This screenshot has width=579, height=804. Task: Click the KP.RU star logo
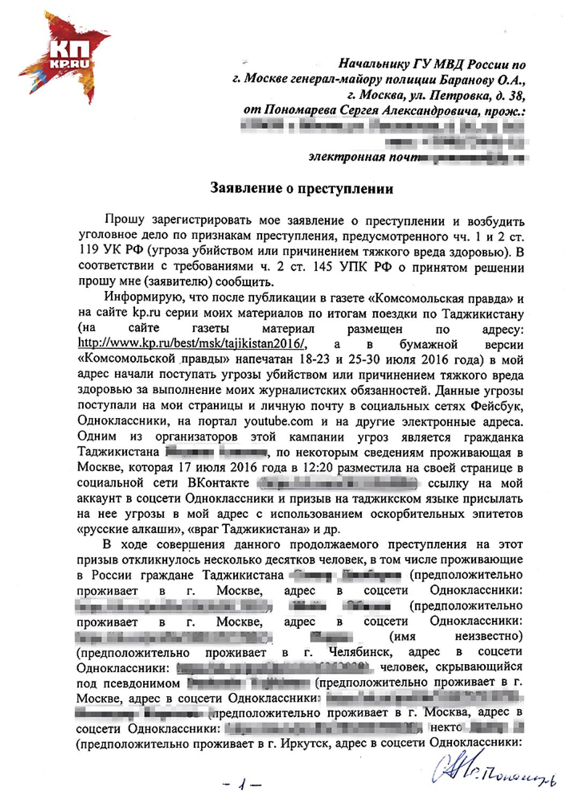click(63, 56)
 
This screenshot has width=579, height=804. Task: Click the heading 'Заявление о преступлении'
click(301, 189)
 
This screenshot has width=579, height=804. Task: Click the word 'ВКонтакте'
click(218, 483)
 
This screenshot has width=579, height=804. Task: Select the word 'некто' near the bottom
click(446, 728)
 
